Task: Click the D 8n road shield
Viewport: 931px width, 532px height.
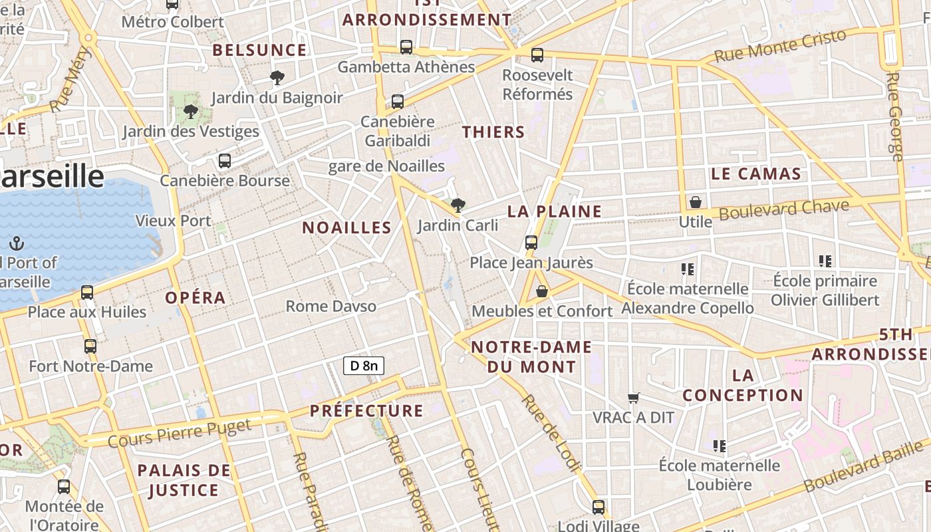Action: [364, 365]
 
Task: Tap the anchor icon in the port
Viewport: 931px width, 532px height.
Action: [16, 243]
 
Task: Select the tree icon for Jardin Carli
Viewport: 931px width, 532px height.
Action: [458, 205]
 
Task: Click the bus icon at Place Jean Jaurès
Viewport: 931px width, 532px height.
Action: [531, 243]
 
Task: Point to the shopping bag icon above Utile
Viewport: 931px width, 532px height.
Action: [696, 201]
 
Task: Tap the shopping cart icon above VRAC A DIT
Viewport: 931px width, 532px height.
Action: [634, 398]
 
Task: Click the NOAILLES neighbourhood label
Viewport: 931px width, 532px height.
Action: [346, 227]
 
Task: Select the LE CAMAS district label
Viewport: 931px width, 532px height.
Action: [755, 174]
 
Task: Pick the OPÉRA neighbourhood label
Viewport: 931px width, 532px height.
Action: [196, 297]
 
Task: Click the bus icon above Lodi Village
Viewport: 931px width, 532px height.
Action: [598, 507]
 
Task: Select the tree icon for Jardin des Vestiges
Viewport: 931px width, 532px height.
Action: [191, 112]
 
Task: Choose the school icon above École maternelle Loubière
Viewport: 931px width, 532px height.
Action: [719, 446]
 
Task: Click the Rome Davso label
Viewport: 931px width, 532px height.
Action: [331, 306]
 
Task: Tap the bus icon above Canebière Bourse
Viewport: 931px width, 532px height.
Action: [225, 161]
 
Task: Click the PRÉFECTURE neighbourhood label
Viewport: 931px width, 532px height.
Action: [366, 410]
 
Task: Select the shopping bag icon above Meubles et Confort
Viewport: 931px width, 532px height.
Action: [542, 291]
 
